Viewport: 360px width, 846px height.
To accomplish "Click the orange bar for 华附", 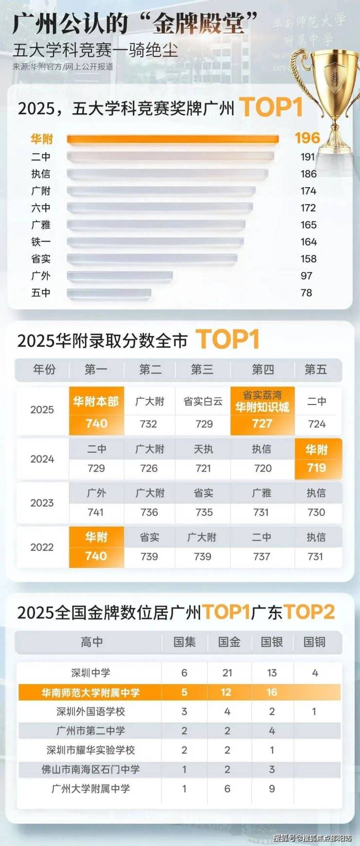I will (x=173, y=140).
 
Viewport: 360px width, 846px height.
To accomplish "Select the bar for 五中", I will (x=109, y=293).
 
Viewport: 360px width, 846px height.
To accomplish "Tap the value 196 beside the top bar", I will (x=307, y=138).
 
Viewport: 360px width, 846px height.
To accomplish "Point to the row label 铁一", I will (x=41, y=242).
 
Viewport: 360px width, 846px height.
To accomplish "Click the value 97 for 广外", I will (x=306, y=276).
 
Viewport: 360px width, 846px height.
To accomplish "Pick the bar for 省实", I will (x=152, y=259).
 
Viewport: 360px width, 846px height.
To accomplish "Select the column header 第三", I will (x=202, y=370).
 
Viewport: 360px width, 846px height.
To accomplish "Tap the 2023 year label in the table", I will (x=42, y=503).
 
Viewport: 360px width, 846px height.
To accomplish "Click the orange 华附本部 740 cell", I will (x=96, y=411).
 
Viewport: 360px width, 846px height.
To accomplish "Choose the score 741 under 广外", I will (x=96, y=512).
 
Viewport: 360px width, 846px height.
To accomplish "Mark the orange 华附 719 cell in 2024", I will (x=317, y=459).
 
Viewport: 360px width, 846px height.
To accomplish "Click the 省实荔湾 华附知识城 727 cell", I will (x=262, y=411).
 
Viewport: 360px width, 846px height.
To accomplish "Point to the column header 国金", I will (x=229, y=642).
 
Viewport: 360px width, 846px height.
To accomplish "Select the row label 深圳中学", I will (x=90, y=673).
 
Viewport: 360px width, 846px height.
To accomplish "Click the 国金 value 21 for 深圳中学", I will (x=227, y=673).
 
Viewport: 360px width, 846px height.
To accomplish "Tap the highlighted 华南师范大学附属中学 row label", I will (x=90, y=692).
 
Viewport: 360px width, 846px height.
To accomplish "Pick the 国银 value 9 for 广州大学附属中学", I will (x=272, y=789).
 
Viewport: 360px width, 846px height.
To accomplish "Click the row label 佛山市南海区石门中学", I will (x=90, y=769).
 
